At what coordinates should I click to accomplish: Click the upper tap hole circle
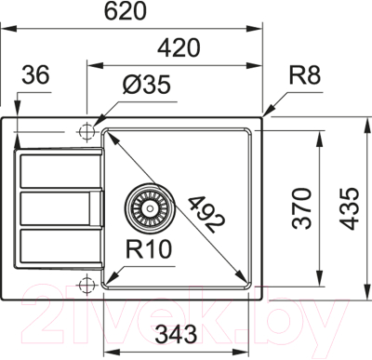[87, 129]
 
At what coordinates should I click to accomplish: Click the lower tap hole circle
[87, 283]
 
